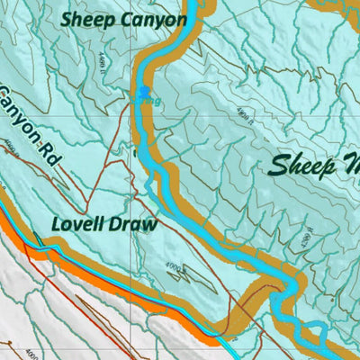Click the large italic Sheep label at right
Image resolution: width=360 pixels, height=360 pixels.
click(x=306, y=164)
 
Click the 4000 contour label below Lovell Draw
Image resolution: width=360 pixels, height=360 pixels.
click(x=174, y=267)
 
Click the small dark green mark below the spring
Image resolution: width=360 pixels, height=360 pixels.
click(x=135, y=154)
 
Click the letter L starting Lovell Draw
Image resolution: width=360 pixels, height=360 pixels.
click(x=57, y=224)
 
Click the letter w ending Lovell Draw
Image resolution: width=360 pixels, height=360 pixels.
click(x=149, y=224)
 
